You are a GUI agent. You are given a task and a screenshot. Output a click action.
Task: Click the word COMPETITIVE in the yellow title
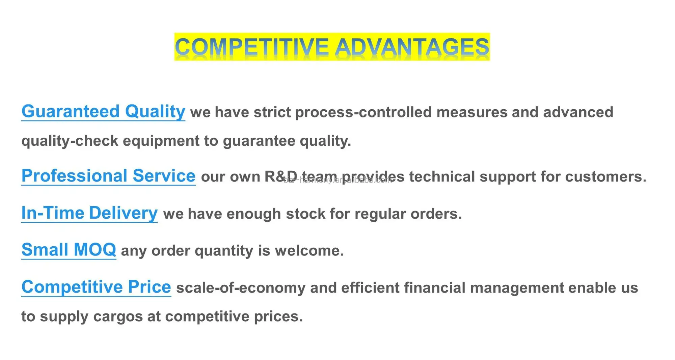pos(251,47)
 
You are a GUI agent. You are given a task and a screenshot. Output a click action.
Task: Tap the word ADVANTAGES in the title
pos(412,47)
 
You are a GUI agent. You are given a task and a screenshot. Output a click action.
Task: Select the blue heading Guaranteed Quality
pos(103,112)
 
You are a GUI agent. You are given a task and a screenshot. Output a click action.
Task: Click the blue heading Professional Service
pos(108,176)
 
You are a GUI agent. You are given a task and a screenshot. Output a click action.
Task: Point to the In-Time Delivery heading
pos(89,213)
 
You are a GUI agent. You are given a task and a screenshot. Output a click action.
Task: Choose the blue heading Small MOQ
pos(69,250)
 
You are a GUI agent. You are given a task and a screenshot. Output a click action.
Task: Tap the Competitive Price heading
pos(96,287)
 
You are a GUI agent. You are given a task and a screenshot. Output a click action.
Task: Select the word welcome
pos(309,251)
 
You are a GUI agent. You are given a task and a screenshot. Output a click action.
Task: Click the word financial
pos(435,288)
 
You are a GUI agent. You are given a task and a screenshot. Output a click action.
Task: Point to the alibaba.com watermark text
pos(337,180)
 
